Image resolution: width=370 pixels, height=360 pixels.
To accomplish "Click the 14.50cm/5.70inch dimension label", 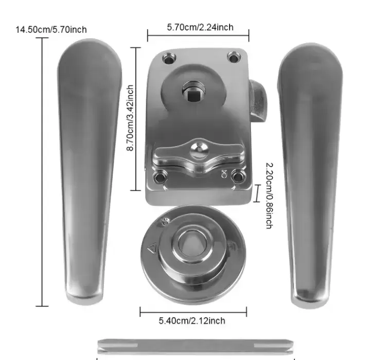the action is pos(51,30).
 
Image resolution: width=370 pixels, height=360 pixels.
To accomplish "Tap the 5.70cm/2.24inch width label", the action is pos(200,27).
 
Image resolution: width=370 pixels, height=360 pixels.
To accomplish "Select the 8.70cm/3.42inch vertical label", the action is pos(130,118).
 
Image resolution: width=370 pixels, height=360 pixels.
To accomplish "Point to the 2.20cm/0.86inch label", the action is pos(269,195).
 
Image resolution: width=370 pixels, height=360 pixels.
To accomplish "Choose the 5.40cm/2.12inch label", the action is pos(192,320).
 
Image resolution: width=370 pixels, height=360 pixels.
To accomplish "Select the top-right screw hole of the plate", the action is pos(234,58).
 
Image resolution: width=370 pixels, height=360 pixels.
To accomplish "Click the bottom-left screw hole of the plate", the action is pos(160,177).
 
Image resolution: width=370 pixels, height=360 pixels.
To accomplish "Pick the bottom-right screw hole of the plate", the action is pos(238,177).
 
